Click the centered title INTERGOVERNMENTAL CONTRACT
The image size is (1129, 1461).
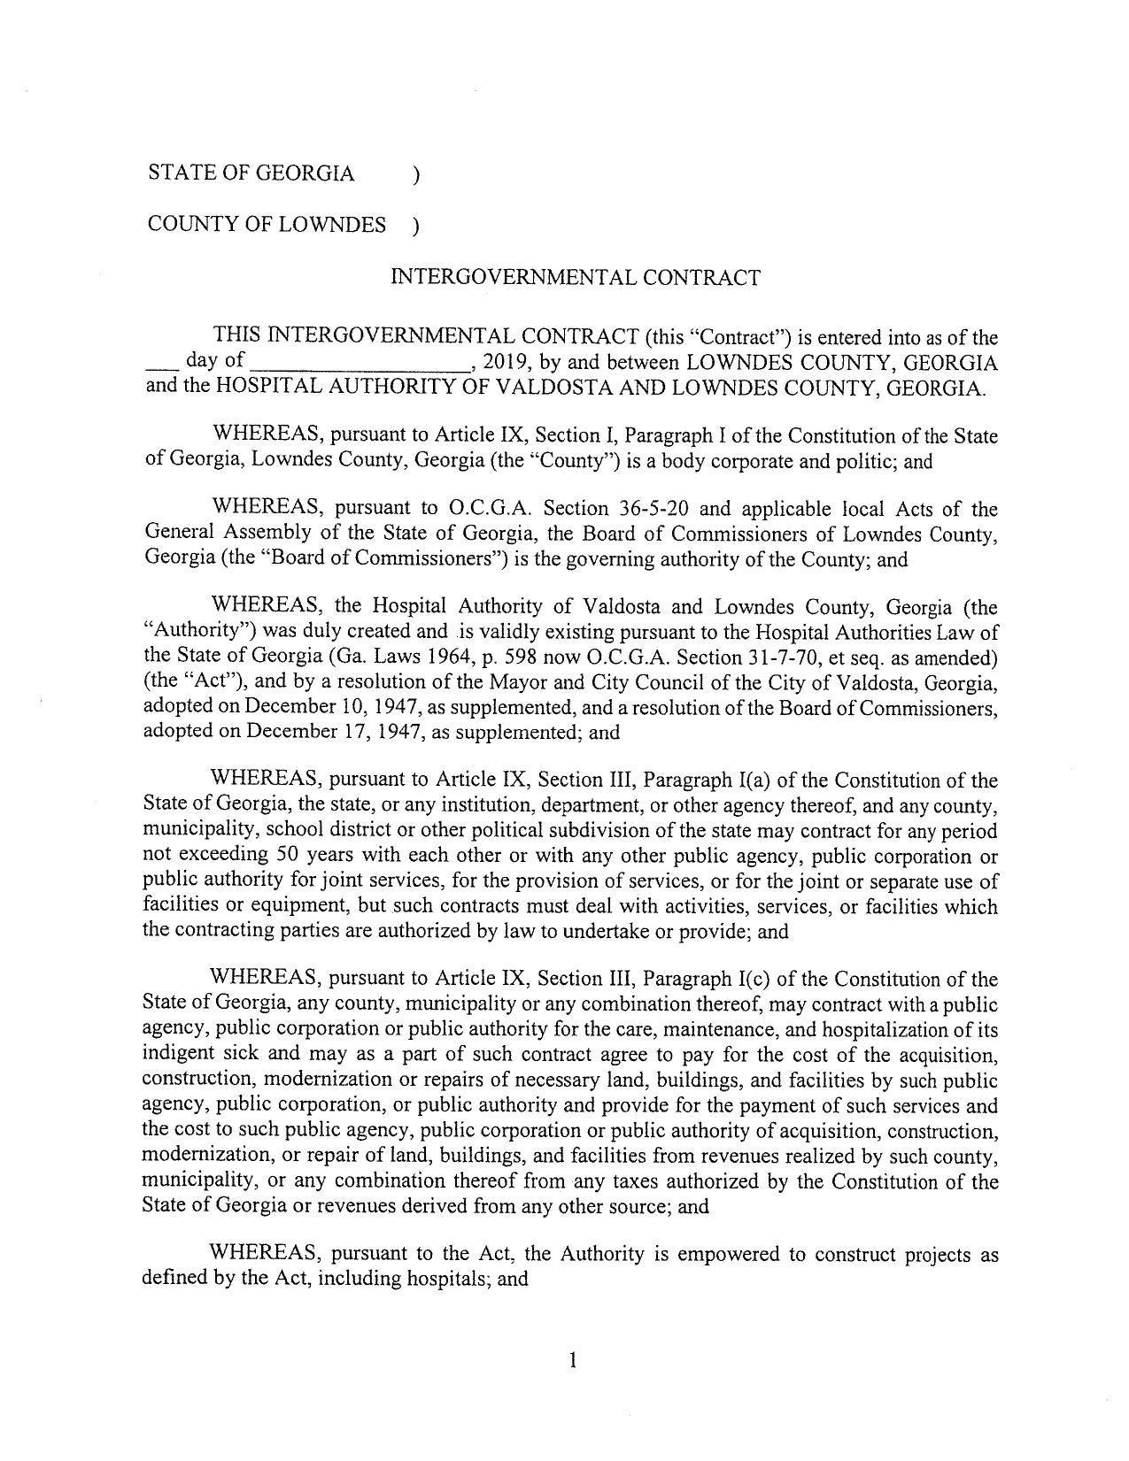click(575, 278)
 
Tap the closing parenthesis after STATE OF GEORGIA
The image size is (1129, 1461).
click(415, 175)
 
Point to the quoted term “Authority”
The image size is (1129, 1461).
click(190, 632)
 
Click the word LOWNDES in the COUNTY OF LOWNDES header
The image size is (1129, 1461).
click(333, 225)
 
